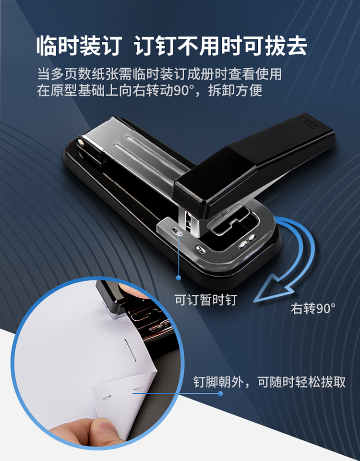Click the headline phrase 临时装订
tap(79, 46)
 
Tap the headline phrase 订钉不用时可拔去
tap(221, 46)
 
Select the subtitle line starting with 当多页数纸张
tap(159, 74)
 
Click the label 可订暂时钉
tap(206, 300)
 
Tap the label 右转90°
tap(313, 308)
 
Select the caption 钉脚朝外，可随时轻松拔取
tap(269, 382)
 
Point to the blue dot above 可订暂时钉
tap(178, 278)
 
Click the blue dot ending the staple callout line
tap(220, 393)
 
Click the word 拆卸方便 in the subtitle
tap(235, 90)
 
